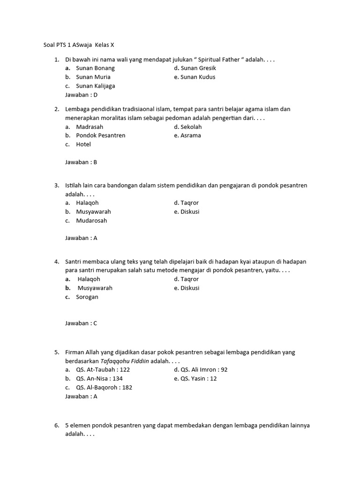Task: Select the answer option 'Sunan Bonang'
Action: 95,68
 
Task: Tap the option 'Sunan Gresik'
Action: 195,68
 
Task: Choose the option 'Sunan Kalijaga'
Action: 95,86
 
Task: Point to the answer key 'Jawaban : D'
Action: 81,95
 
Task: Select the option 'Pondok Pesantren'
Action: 100,135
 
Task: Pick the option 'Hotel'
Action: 83,144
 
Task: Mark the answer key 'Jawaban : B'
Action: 81,162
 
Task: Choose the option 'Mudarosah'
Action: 91,220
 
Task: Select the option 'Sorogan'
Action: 88,297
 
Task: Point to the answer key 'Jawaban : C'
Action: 81,323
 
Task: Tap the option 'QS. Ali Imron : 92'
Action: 201,369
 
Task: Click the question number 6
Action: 57,426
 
